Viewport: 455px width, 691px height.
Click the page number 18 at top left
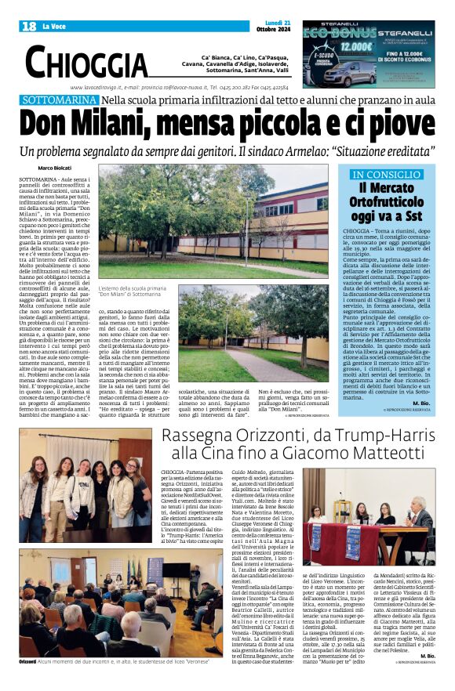pos(29,27)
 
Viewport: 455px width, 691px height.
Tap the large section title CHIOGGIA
pos(86,62)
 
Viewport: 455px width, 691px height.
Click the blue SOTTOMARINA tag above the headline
pos(60,101)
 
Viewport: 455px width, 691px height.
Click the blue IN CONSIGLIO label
pos(384,175)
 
